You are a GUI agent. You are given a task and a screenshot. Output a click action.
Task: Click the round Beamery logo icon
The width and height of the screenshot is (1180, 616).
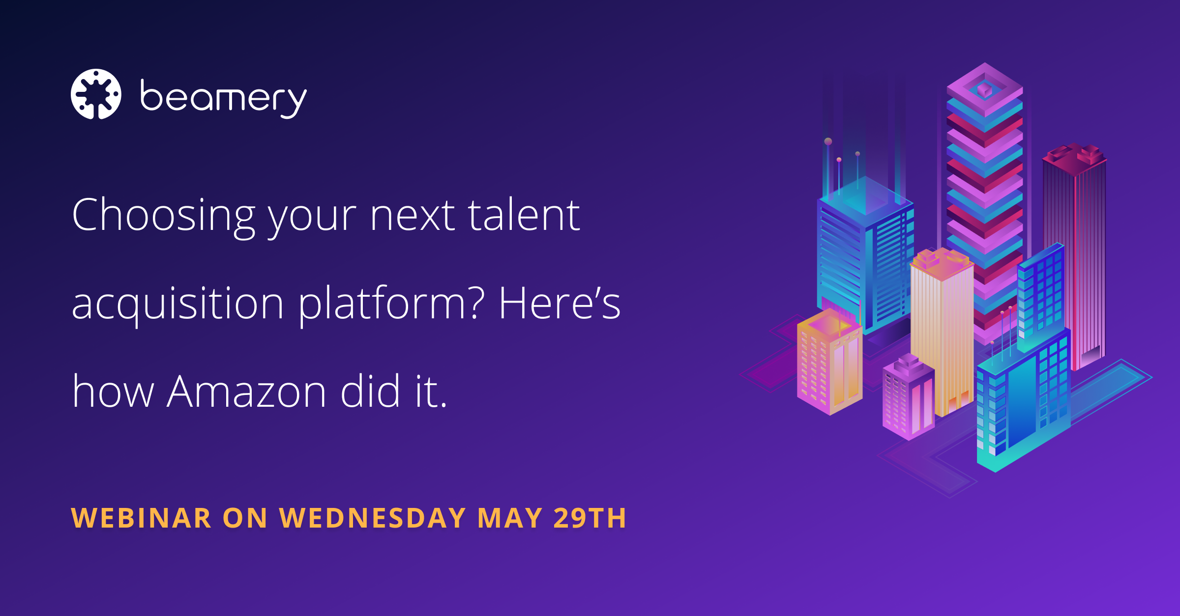tap(96, 94)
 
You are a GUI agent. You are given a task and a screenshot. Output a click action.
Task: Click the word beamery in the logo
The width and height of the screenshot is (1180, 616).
tap(224, 99)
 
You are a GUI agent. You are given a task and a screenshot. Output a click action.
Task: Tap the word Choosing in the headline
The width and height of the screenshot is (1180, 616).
tap(164, 216)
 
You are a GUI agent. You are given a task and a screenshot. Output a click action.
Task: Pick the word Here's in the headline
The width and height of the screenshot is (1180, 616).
tap(560, 303)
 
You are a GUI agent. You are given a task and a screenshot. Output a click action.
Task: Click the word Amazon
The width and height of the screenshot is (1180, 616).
tap(247, 392)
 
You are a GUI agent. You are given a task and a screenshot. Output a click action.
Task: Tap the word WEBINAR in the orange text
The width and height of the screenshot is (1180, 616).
tap(142, 518)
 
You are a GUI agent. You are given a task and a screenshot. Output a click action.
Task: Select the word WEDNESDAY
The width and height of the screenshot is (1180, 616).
tap(373, 518)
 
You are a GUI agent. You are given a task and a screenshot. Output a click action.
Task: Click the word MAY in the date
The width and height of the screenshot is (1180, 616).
tap(510, 518)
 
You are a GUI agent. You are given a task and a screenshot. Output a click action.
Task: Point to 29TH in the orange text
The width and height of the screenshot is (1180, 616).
tap(590, 518)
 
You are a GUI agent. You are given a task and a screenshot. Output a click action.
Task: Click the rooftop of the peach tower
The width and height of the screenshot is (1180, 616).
tap(942, 263)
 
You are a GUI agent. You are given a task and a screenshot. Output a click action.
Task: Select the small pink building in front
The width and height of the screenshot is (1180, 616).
tap(909, 398)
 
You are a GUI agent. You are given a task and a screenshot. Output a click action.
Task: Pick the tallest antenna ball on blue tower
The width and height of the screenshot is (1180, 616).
tap(828, 141)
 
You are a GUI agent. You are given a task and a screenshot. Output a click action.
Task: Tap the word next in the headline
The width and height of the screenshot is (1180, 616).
tap(413, 216)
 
